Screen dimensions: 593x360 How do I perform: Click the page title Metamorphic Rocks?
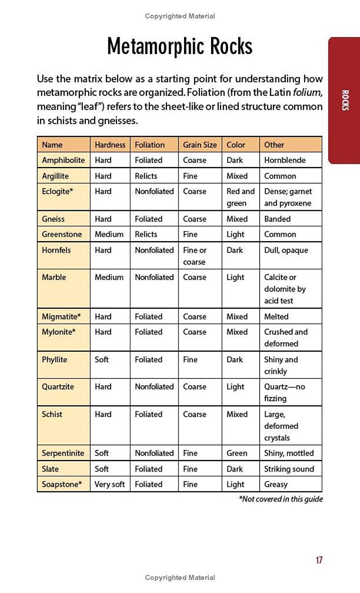180,46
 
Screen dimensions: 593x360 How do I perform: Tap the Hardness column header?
110,145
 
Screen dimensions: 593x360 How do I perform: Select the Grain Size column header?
199,145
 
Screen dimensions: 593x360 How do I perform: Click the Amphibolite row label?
63,160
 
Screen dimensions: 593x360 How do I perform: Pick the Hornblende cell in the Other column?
284,160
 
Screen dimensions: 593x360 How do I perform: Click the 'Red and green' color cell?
240,197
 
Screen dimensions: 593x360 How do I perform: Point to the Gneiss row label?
53,219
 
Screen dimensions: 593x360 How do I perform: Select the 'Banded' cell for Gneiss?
277,219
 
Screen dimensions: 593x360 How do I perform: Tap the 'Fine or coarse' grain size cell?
194,256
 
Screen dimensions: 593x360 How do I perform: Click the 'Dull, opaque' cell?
286,250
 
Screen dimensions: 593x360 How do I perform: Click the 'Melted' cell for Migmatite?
276,317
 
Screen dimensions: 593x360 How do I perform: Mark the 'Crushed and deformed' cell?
286,337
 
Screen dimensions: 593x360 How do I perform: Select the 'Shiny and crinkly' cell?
281,365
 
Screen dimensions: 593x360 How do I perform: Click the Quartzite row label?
58,387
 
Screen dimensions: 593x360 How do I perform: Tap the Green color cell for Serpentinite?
237,453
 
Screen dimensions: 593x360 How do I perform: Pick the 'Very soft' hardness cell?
109,485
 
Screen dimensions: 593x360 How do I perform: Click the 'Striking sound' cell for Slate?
289,469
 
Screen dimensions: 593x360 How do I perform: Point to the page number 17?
319,560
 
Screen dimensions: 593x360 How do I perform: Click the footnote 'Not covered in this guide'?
281,499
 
